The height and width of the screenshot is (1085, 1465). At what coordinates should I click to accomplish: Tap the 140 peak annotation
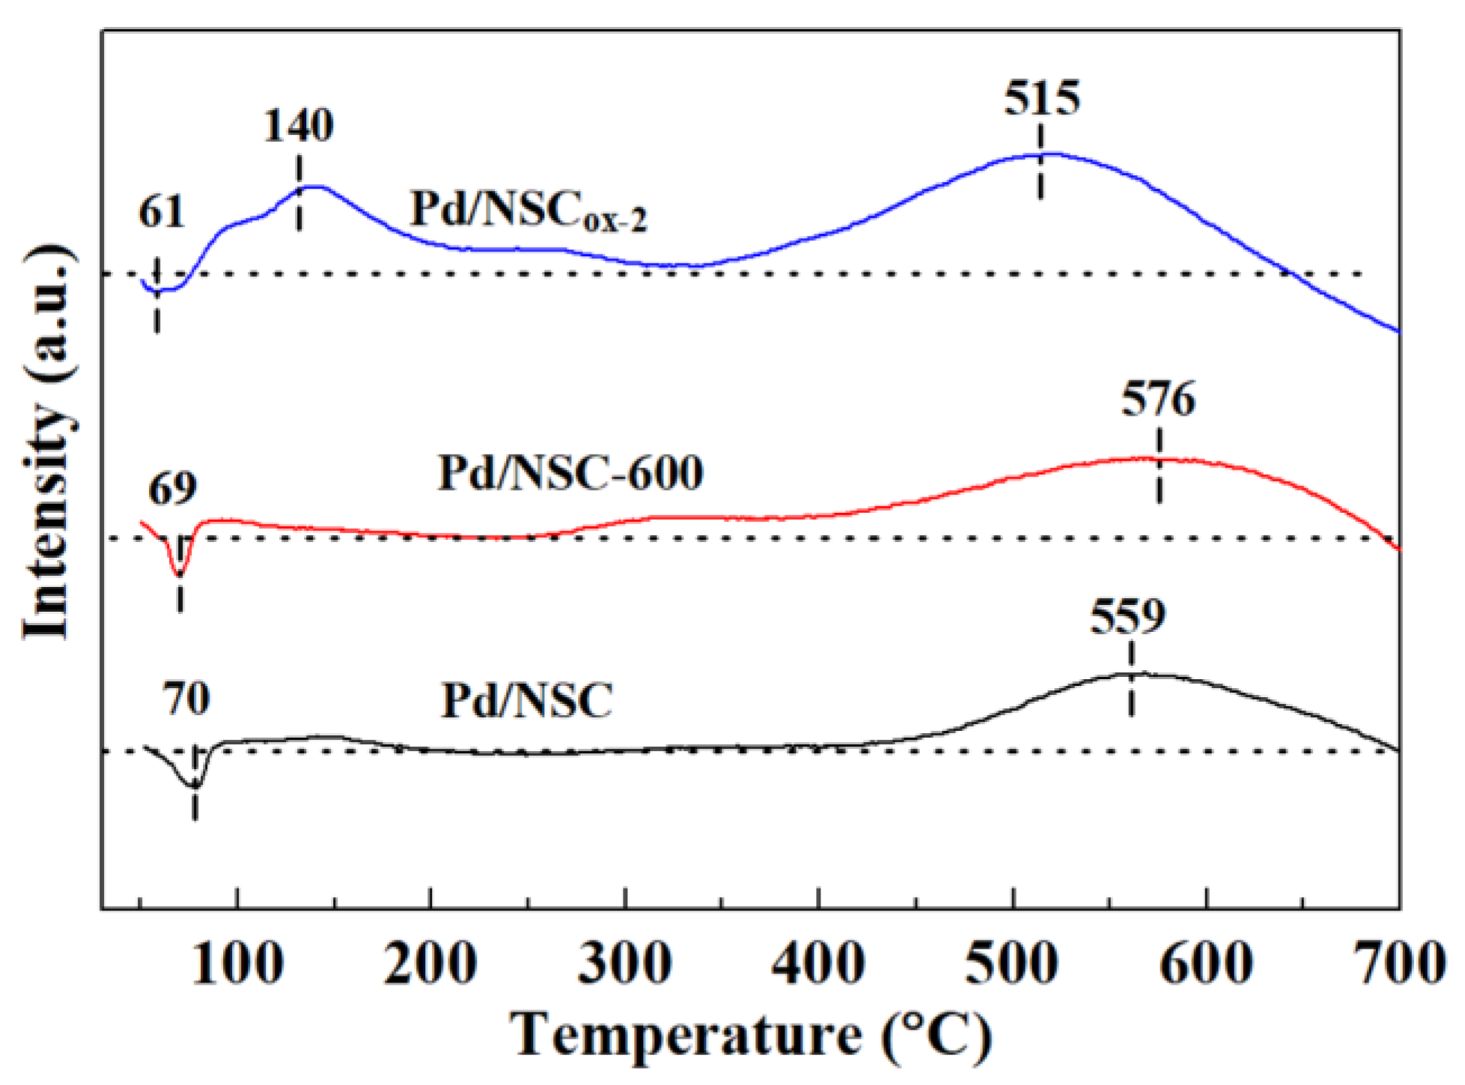[298, 125]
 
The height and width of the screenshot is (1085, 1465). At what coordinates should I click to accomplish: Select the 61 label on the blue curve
[161, 212]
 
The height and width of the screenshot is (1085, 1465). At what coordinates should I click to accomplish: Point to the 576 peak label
[1157, 399]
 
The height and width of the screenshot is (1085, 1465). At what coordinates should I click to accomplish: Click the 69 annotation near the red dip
[172, 489]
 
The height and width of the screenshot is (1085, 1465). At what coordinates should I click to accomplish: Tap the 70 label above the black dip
[186, 699]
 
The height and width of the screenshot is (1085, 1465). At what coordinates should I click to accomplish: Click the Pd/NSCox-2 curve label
[528, 210]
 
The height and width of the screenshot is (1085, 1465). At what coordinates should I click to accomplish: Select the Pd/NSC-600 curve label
[570, 473]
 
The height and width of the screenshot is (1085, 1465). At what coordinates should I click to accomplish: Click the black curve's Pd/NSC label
[526, 702]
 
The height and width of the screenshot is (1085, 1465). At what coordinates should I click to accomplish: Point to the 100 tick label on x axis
[237, 964]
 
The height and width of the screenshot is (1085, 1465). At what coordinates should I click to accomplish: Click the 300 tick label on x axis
[625, 964]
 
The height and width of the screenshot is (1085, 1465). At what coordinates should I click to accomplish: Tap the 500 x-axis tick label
[1012, 964]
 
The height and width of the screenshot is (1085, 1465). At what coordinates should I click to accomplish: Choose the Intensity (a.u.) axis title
[48, 442]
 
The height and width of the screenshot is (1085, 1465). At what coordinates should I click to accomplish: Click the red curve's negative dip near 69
[178, 572]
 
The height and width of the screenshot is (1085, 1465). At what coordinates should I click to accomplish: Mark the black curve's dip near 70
[194, 785]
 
